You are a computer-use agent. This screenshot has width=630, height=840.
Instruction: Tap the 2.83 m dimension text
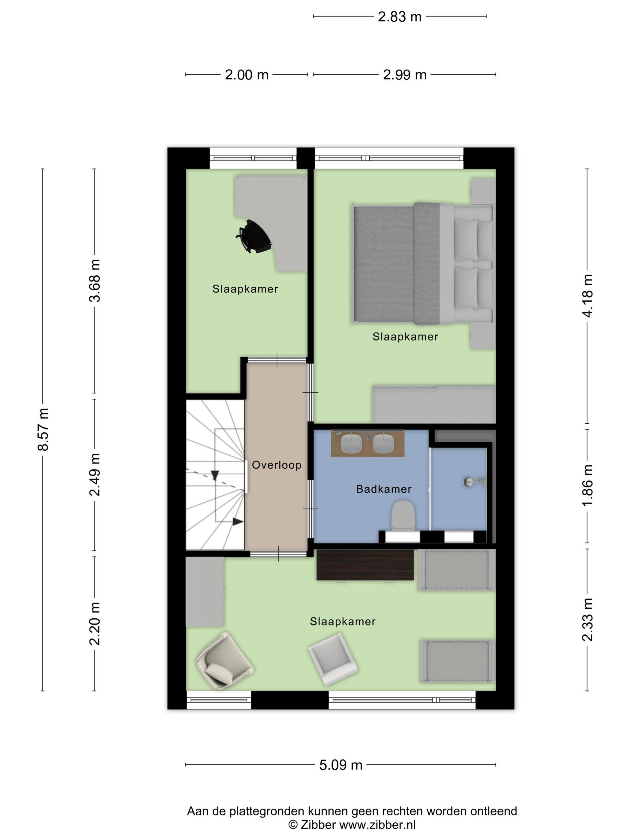tap(400, 17)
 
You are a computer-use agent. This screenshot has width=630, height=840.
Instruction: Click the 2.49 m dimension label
tap(94, 475)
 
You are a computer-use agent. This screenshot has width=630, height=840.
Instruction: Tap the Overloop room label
tap(277, 465)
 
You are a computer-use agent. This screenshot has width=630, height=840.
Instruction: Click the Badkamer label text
tap(383, 489)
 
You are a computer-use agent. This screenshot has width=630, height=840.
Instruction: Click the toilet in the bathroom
tap(403, 515)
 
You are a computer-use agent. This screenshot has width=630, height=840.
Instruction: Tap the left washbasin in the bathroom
tap(351, 443)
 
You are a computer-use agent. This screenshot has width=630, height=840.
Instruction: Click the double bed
tap(423, 263)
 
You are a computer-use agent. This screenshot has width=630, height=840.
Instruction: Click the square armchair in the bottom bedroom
tap(333, 659)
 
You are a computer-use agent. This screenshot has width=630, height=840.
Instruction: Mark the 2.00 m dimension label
tap(247, 75)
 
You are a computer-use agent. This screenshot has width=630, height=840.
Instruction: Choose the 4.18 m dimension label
tap(587, 296)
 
